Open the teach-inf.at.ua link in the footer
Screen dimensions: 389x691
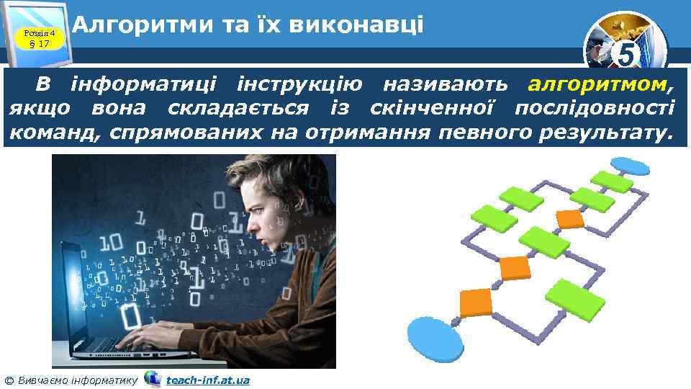point(207,380)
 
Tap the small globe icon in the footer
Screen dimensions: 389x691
point(152,378)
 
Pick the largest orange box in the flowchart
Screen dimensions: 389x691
point(475,302)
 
